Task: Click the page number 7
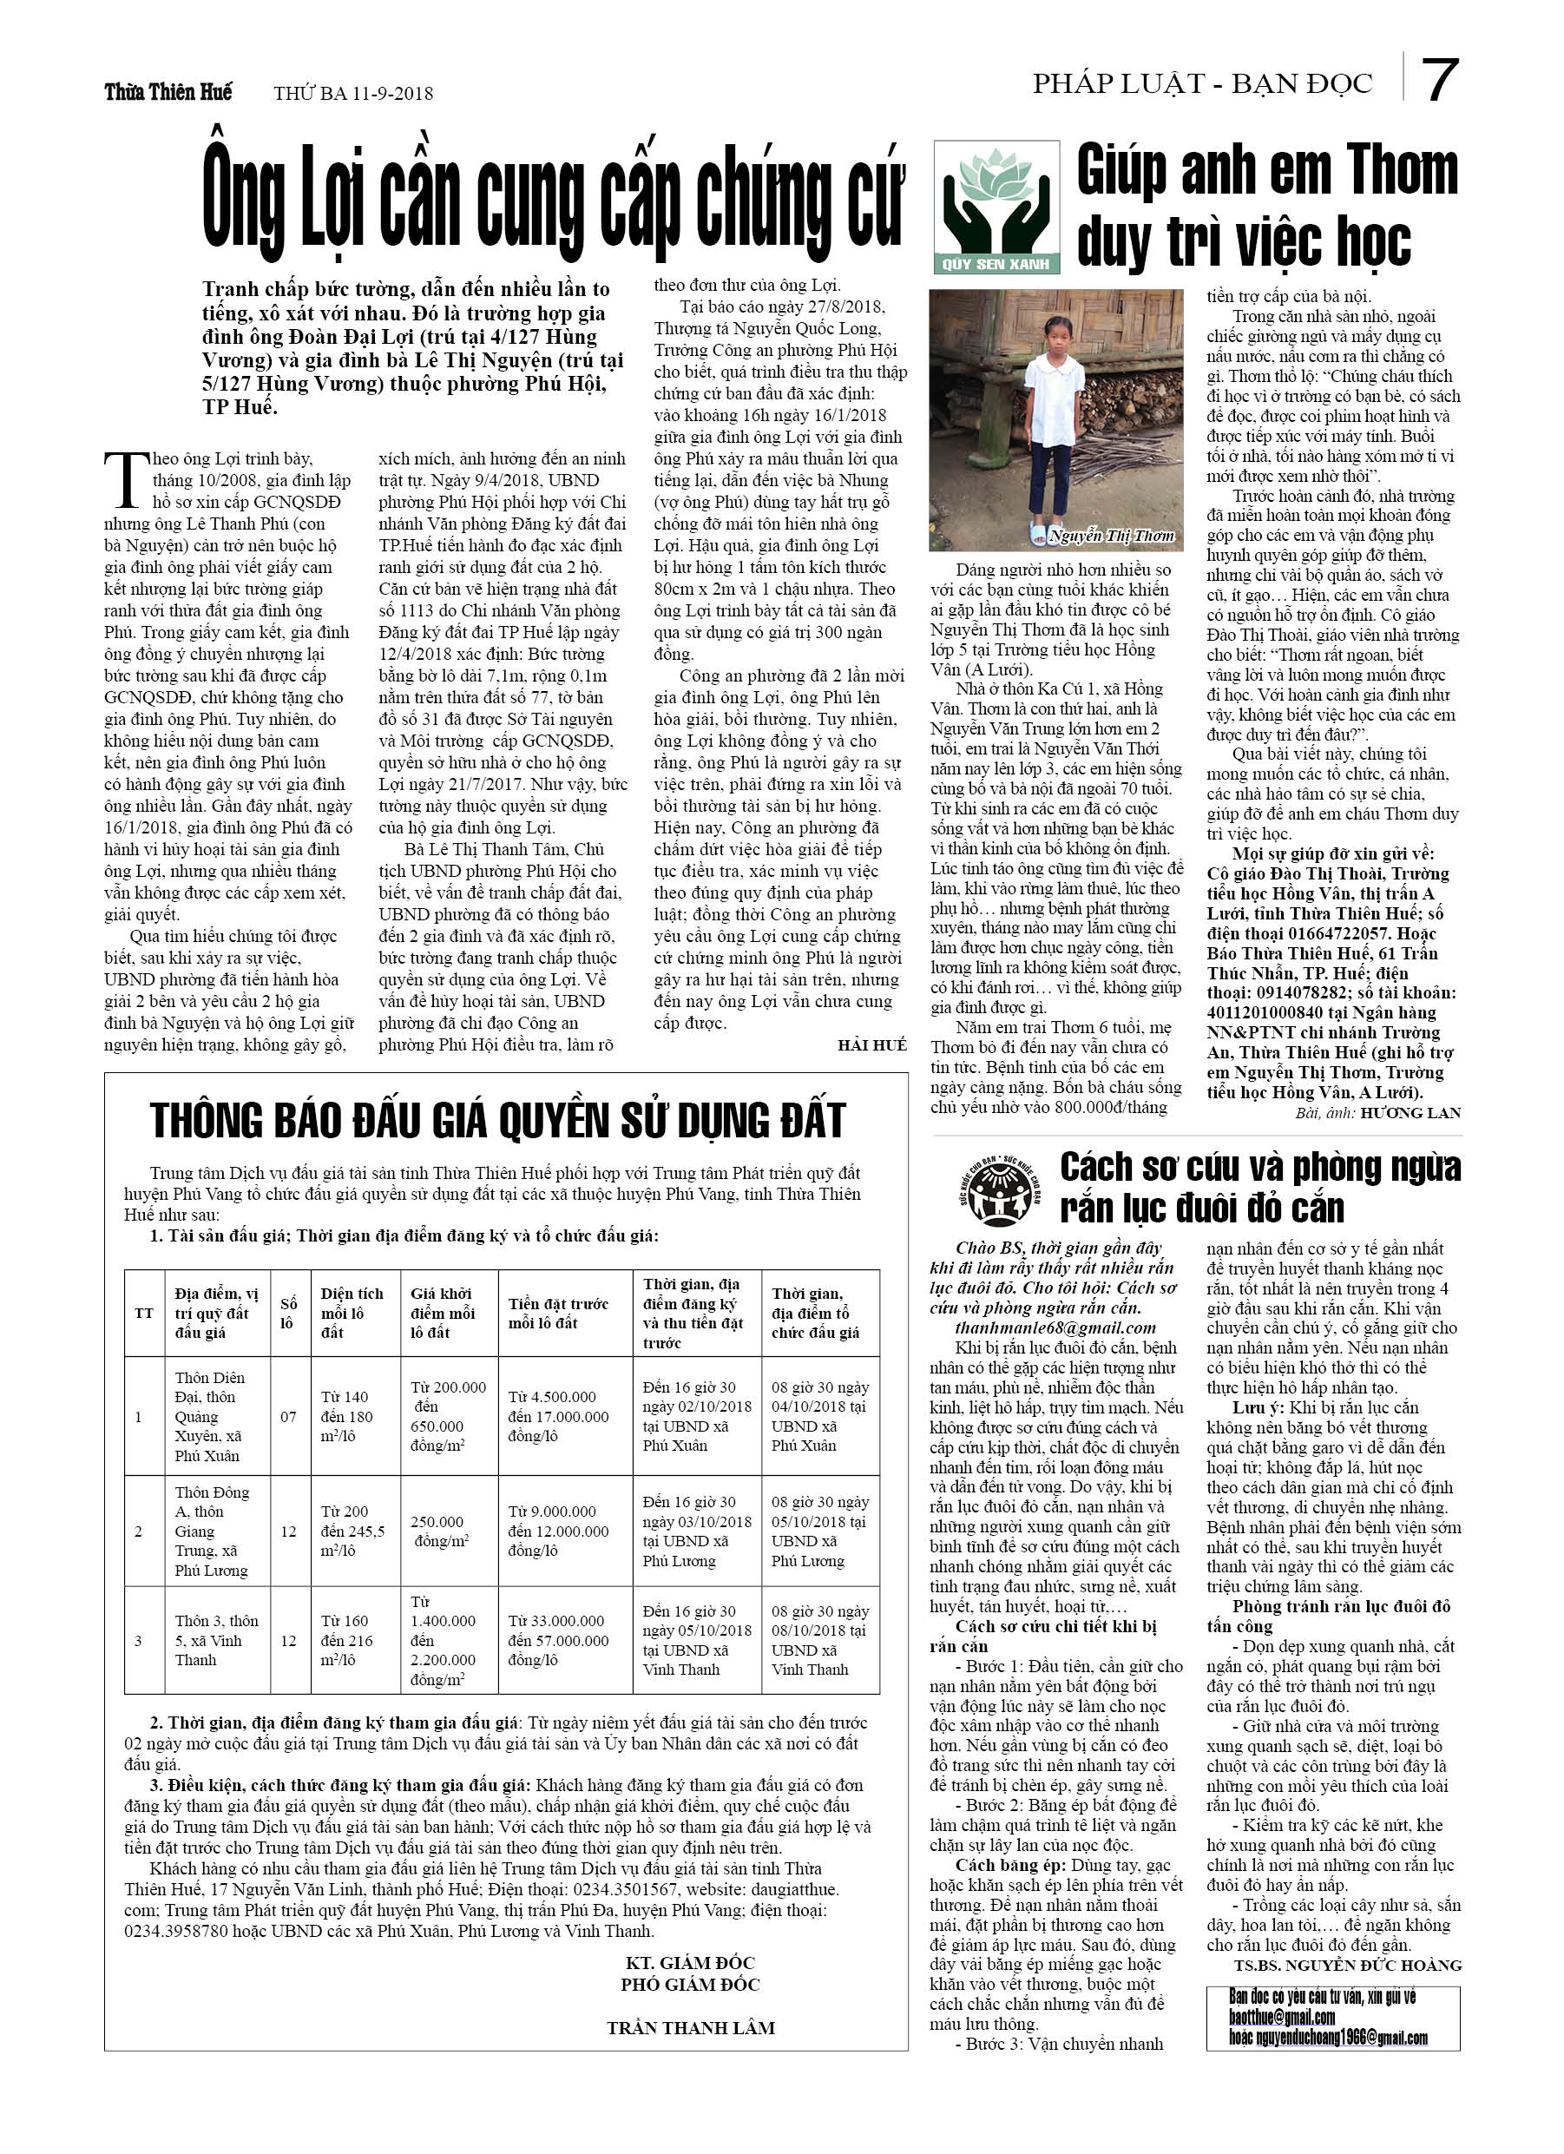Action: [1439, 81]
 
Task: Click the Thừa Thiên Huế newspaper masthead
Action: [168, 92]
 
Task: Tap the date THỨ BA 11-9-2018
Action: [353, 93]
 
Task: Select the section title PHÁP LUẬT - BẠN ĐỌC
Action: [1202, 84]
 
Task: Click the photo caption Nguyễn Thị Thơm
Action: [1113, 536]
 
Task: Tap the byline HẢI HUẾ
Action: [871, 1044]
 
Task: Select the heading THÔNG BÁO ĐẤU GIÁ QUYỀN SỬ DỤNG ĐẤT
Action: [497, 1121]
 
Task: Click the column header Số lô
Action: [288, 1314]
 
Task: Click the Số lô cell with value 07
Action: [288, 1416]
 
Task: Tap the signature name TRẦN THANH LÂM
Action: [690, 2028]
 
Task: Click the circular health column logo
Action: [995, 1191]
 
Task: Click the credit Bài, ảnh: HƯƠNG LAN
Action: [1377, 1112]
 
